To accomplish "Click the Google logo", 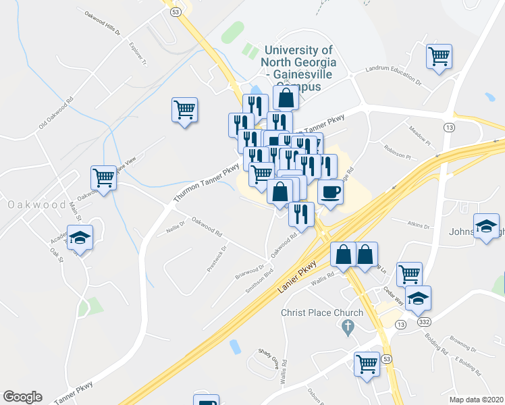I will click(x=22, y=397).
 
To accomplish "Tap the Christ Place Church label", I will click(x=322, y=313).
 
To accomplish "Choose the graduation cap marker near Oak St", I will click(x=80, y=238).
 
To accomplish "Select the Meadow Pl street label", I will click(x=419, y=134).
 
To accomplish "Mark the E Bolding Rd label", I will click(x=469, y=367).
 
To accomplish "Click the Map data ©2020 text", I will click(x=477, y=399).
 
